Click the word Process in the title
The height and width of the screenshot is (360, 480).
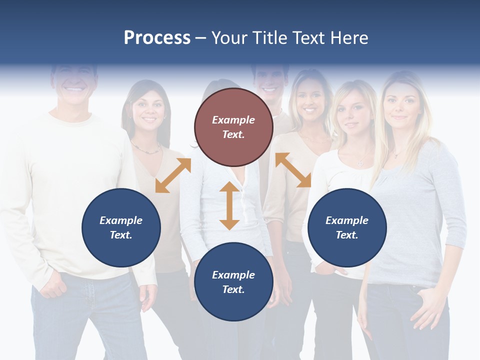point(157,37)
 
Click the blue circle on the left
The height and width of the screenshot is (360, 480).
point(121,227)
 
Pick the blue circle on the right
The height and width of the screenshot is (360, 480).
point(347,227)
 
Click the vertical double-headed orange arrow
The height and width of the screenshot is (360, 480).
point(229,205)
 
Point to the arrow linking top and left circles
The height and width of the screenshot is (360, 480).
point(173,175)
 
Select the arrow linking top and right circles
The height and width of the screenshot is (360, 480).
point(293,170)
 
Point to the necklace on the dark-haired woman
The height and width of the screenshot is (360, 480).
point(146,148)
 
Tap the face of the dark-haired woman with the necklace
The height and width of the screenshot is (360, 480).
point(146,112)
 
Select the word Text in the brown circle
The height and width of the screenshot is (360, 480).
point(233,134)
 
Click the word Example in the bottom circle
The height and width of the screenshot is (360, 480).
point(233,274)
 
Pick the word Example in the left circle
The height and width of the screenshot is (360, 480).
point(121,220)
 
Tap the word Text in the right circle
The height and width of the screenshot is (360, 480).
point(347,235)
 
